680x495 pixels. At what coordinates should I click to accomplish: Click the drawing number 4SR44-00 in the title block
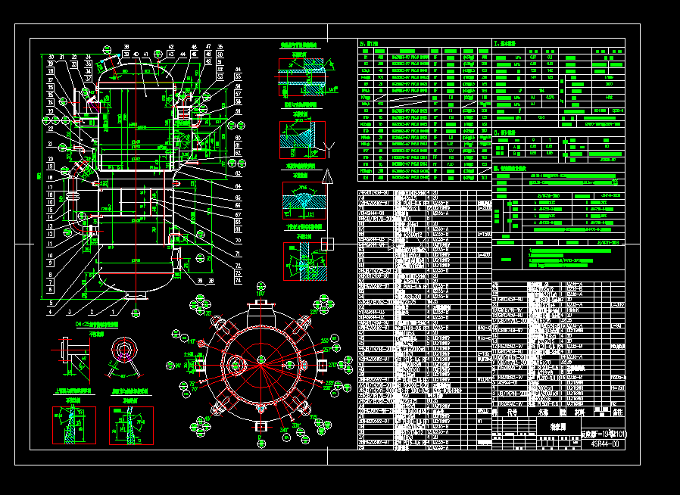pyautogui.click(x=606, y=444)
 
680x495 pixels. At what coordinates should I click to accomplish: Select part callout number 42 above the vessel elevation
pyautogui.click(x=171, y=47)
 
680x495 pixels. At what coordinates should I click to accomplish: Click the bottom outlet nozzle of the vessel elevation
pyautogui.click(x=136, y=299)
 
